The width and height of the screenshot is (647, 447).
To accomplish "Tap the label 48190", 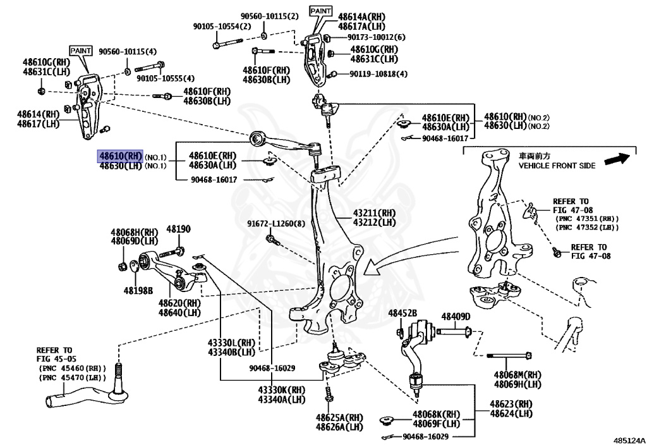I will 178,229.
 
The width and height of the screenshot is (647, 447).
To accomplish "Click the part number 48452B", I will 402,313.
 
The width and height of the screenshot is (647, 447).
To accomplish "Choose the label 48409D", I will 456,316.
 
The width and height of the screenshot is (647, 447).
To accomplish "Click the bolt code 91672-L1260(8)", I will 276,224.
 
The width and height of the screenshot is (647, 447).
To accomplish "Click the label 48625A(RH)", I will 340,417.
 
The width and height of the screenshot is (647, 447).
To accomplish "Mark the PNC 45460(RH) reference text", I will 71,367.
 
